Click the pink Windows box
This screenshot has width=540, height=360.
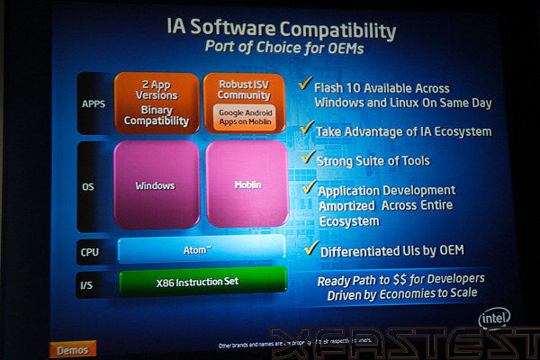click(156, 185)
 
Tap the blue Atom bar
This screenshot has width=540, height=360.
click(202, 249)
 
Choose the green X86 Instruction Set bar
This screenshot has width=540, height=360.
click(202, 281)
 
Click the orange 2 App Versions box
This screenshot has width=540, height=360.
click(156, 103)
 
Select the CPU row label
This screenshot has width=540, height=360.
click(90, 252)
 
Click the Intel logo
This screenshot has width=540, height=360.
click(494, 319)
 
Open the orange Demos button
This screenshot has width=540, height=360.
click(72, 349)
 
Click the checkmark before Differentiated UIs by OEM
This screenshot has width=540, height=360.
click(311, 245)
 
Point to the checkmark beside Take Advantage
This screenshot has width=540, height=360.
click(306, 127)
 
